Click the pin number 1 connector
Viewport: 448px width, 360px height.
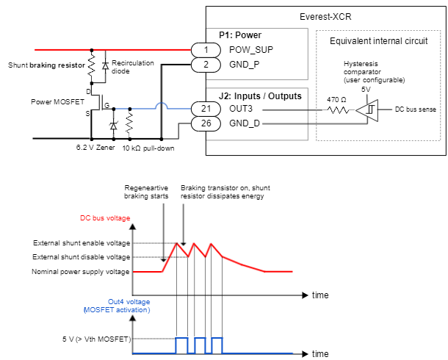point(206,49)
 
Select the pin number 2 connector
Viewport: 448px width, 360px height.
point(206,65)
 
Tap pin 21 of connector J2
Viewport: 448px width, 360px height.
point(206,109)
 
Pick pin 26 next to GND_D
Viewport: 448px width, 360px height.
point(206,124)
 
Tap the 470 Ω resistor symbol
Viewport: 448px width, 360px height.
point(338,109)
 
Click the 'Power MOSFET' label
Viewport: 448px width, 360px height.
point(56,101)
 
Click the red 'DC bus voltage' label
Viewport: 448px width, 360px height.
point(105,218)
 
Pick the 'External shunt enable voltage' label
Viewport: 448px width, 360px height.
point(81,243)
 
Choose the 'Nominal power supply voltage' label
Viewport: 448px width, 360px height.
point(81,271)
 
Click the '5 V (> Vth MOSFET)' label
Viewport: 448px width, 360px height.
point(95,339)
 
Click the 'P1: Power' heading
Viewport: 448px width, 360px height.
point(241,35)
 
